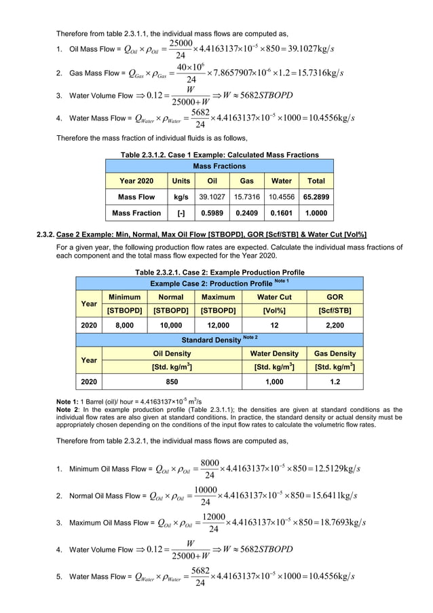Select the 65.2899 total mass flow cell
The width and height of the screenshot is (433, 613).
[316, 197]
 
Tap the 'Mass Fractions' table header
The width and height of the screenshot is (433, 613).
[219, 166]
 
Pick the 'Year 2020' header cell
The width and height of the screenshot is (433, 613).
[136, 181]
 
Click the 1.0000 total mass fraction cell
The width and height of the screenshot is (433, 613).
[316, 213]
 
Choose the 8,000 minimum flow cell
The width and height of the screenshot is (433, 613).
[125, 326]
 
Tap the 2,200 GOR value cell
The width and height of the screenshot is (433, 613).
[335, 326]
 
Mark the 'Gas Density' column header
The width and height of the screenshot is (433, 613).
[335, 353]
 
